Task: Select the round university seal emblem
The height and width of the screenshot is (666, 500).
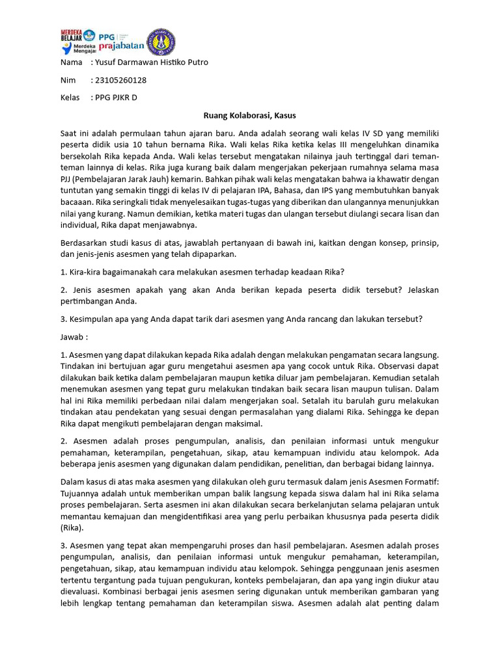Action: click(161, 41)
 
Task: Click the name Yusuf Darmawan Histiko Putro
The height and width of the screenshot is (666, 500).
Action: click(151, 62)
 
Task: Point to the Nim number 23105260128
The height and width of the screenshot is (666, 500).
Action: click(120, 80)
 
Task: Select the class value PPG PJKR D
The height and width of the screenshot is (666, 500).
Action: click(116, 98)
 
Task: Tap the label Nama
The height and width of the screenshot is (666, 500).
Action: click(71, 62)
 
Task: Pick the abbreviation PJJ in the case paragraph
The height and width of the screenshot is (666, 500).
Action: click(67, 178)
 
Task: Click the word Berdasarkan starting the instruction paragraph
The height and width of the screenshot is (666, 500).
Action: click(85, 243)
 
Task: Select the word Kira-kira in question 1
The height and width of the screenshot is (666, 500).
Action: click(85, 271)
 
